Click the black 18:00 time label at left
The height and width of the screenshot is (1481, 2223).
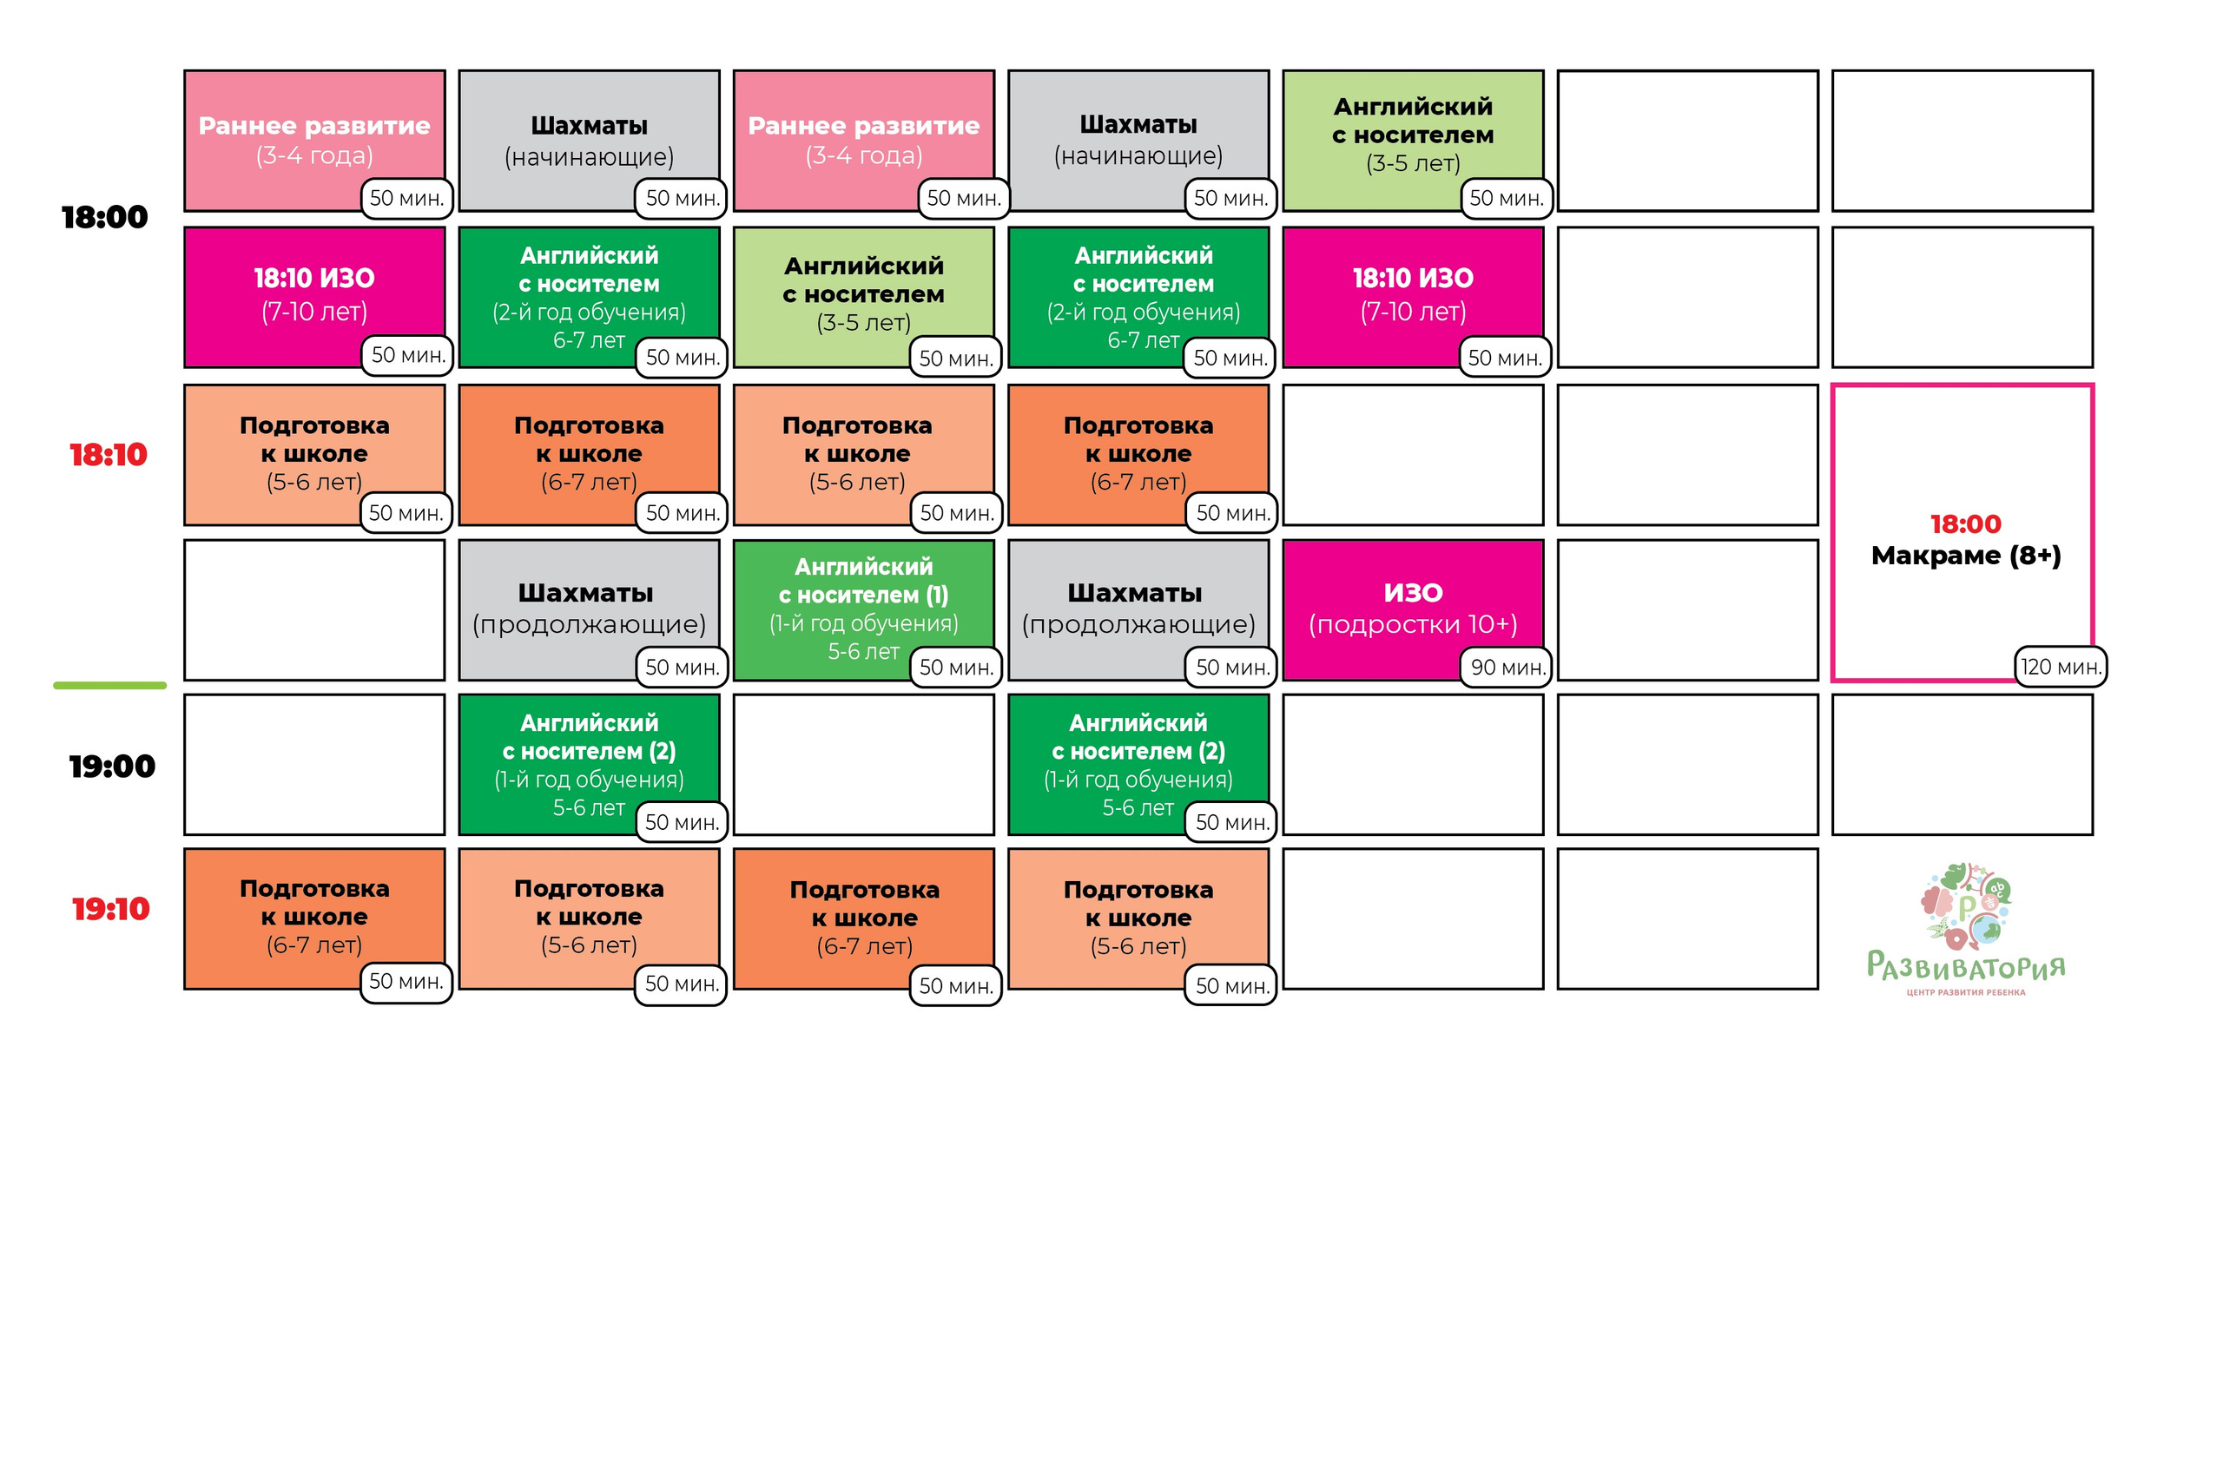104,217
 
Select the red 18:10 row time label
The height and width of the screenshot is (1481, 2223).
108,454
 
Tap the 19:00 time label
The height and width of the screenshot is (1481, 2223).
111,766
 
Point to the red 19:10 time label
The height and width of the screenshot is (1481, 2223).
110,909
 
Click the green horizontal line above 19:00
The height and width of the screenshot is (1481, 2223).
109,685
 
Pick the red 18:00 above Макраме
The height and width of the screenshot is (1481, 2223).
1965,524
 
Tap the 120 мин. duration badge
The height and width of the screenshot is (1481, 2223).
2061,666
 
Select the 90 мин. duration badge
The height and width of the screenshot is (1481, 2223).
1507,667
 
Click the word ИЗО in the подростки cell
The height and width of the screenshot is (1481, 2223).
1413,593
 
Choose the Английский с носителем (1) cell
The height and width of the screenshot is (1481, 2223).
863,609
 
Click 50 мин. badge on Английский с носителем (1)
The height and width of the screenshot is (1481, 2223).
956,667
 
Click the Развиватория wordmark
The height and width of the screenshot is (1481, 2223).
1965,965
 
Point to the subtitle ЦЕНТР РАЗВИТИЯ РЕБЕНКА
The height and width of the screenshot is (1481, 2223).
1965,992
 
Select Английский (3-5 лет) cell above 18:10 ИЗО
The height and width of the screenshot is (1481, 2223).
1413,141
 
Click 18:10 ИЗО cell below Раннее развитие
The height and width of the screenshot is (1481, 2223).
314,297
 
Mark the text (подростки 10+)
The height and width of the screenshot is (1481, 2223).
1413,624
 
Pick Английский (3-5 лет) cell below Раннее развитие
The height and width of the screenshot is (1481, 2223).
863,297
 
